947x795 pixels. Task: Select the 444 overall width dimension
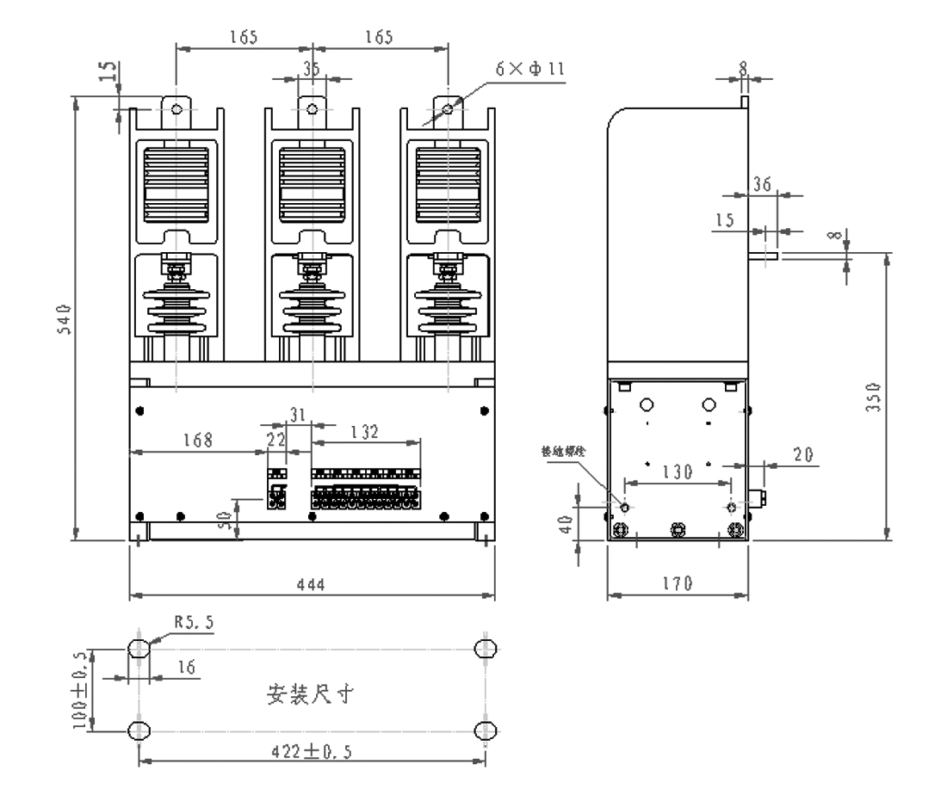pyautogui.click(x=310, y=585)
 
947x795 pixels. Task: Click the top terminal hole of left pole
pyautogui.click(x=176, y=110)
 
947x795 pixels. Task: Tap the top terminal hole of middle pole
pyautogui.click(x=312, y=110)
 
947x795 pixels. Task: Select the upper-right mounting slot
pyautogui.click(x=486, y=648)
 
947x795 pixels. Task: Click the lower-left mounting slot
pyautogui.click(x=138, y=730)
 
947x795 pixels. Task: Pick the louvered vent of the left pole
pyautogui.click(x=176, y=183)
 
